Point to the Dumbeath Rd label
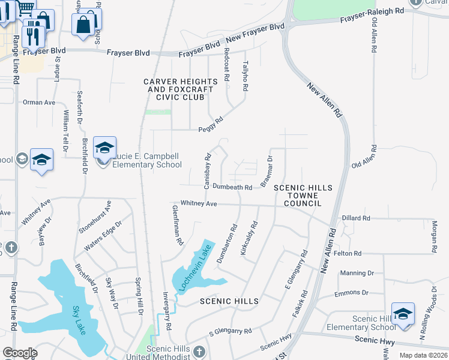coord(232,187)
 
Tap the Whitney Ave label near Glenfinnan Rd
coord(194,204)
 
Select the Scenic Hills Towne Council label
coord(303,196)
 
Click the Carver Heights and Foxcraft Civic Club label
coord(178,89)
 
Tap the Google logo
coord(20,353)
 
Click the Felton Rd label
coord(349,254)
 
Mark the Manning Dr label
coord(357,273)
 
